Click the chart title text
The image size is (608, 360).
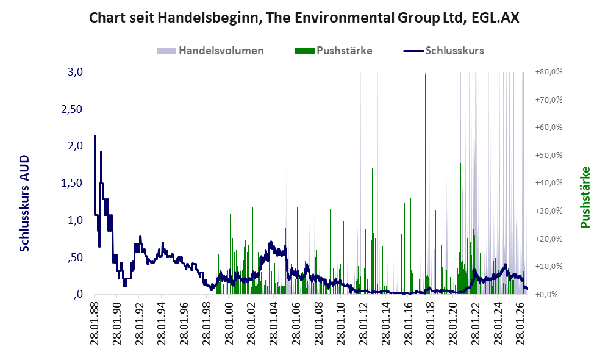point(304,18)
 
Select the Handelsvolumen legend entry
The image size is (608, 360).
point(210,51)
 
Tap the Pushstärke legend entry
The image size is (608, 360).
point(334,51)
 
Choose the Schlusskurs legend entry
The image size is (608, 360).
point(443,51)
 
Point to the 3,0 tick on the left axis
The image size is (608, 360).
point(76,72)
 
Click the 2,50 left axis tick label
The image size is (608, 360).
point(72,109)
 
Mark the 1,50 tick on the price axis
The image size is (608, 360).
point(72,183)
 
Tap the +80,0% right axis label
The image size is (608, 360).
point(549,72)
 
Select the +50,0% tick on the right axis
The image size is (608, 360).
point(549,155)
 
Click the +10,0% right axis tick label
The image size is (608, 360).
point(549,267)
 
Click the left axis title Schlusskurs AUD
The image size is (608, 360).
point(24,203)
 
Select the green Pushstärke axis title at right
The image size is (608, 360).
point(585,198)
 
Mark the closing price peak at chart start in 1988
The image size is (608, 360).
point(95,136)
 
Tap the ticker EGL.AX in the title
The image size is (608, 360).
point(496,18)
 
